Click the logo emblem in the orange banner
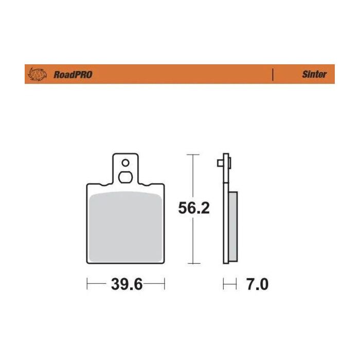pyautogui.click(x=38, y=74)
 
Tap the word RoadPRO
pyautogui.click(x=73, y=75)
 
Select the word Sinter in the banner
pyautogui.click(x=314, y=74)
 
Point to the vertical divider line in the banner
pyautogui.click(x=272, y=74)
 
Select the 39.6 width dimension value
pyautogui.click(x=125, y=284)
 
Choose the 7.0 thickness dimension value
pyautogui.click(x=257, y=284)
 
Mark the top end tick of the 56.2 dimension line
pyautogui.click(x=192, y=154)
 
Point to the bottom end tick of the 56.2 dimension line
pyautogui.click(x=192, y=263)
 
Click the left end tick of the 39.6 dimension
pyautogui.click(x=87, y=284)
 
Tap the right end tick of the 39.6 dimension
pyautogui.click(x=164, y=284)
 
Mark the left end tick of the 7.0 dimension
pyautogui.click(x=224, y=284)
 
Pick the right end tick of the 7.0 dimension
pyautogui.click(x=236, y=284)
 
